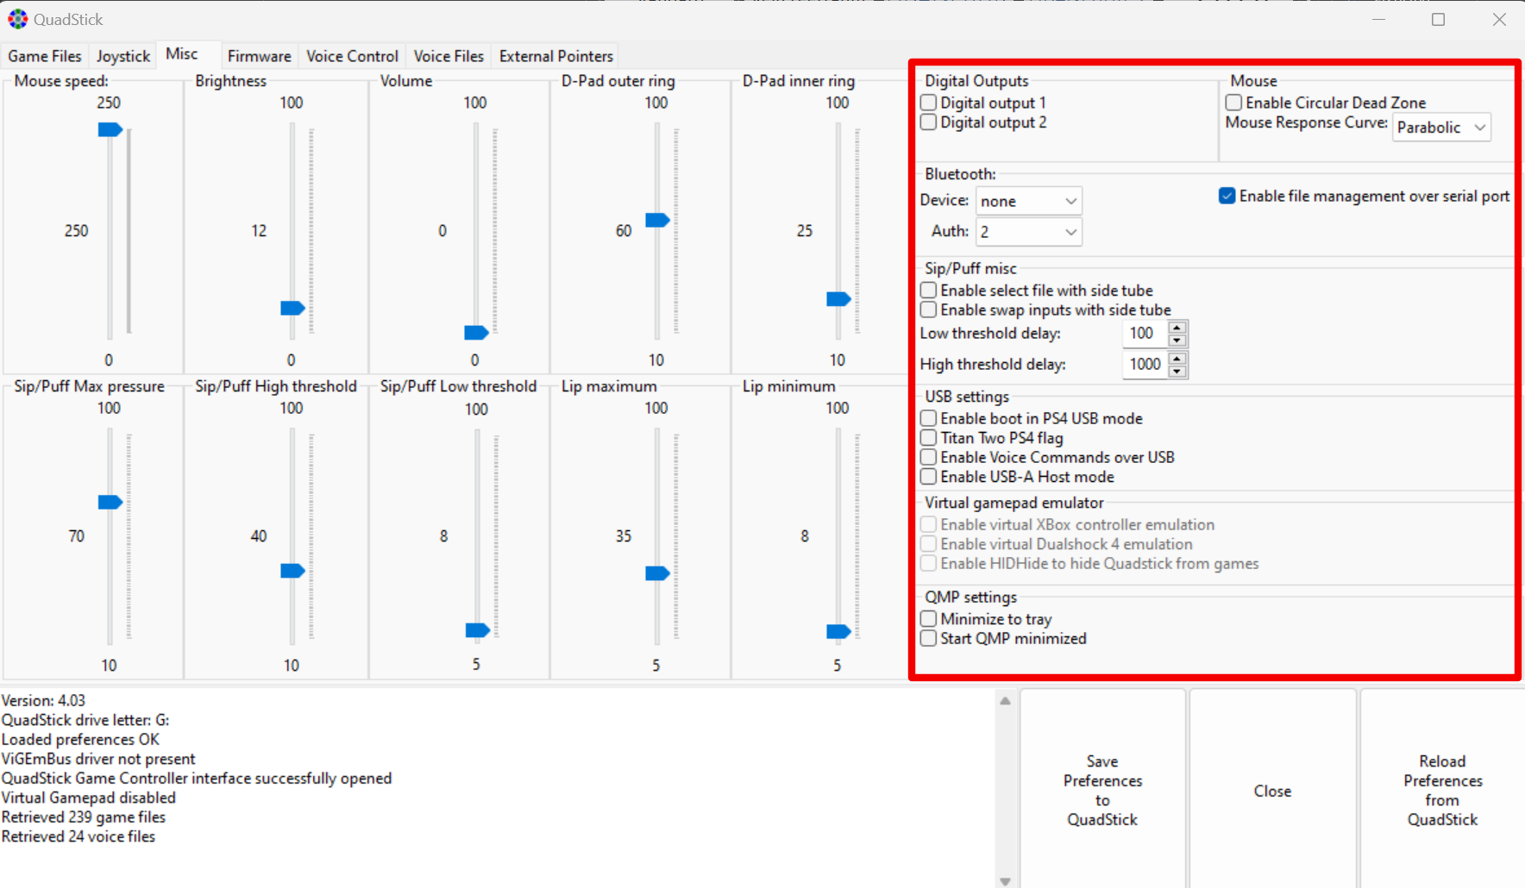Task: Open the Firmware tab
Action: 259,56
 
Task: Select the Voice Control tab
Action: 352,56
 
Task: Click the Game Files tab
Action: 45,56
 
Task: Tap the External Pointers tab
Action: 555,56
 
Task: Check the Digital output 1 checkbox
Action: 929,103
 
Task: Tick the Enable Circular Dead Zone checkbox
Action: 1234,103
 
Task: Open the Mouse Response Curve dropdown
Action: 1441,128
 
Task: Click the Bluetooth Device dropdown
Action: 1028,201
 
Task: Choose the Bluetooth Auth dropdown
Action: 1028,232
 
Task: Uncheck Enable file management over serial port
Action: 1227,197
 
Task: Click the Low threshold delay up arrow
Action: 1177,328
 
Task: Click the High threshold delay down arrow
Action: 1177,372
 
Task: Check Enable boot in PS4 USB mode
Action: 929,418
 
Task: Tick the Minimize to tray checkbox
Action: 929,619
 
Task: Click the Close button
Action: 1273,791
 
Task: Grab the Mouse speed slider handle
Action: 110,129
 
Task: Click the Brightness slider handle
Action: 293,308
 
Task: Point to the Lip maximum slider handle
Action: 657,573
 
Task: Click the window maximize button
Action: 1438,19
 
